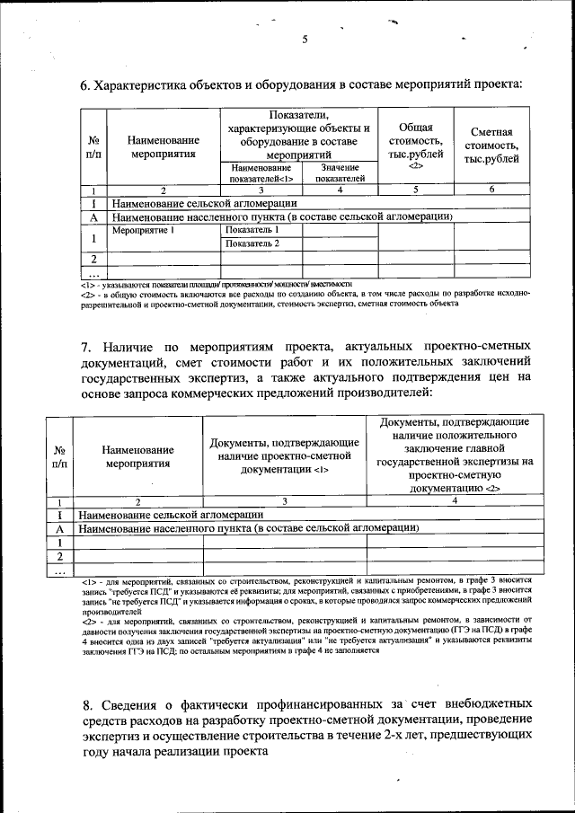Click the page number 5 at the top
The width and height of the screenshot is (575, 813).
pyautogui.click(x=305, y=39)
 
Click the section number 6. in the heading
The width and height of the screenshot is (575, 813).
pyautogui.click(x=86, y=85)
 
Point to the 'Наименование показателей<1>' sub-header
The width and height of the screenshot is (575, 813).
pyautogui.click(x=261, y=172)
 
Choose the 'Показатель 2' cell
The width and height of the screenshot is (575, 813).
pyautogui.click(x=252, y=243)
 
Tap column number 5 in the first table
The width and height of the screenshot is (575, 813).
pyautogui.click(x=415, y=190)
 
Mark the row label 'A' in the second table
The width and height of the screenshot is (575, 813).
pyautogui.click(x=58, y=529)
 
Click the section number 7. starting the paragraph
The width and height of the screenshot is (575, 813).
pyautogui.click(x=86, y=345)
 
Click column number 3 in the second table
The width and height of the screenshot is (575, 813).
pyautogui.click(x=285, y=502)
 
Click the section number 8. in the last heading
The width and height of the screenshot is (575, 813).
pyautogui.click(x=86, y=704)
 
